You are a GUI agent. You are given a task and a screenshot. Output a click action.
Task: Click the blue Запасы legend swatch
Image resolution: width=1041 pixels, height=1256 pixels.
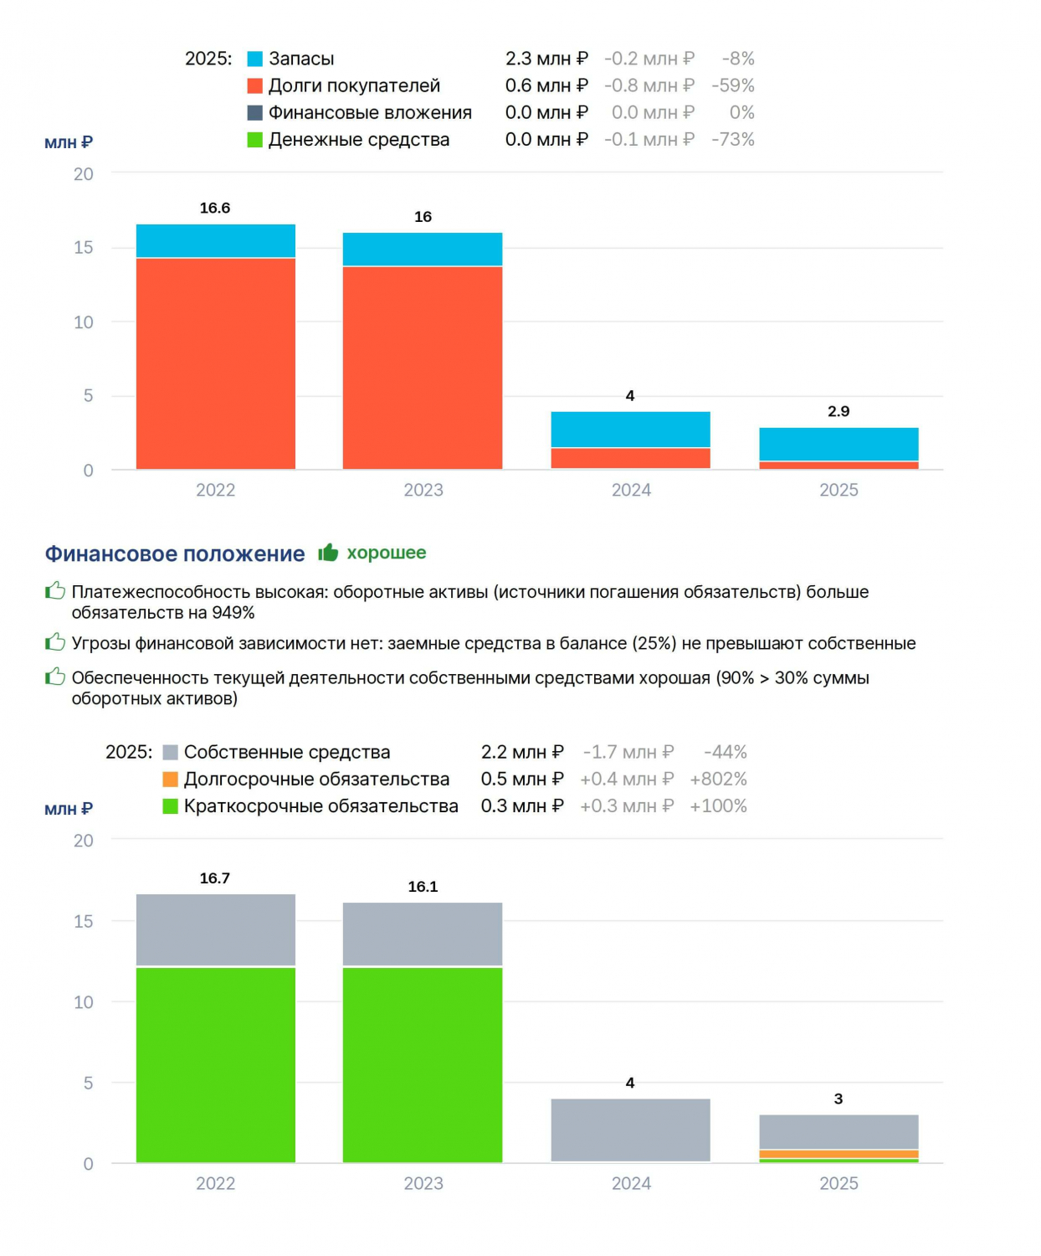pos(255,59)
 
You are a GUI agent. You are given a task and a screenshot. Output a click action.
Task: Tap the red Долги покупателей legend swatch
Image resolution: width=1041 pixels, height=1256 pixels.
pos(255,86)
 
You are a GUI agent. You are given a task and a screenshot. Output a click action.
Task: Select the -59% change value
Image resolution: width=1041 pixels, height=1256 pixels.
pos(733,85)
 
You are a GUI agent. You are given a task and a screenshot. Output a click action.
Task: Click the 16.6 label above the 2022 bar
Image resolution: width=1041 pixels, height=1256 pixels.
pos(215,208)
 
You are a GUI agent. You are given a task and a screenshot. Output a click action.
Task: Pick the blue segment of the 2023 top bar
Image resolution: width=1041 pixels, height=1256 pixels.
pos(423,249)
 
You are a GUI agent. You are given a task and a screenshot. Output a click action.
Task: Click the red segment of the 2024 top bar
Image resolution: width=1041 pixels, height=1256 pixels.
pos(630,458)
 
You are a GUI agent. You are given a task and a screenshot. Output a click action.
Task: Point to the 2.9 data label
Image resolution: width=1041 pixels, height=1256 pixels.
pos(838,411)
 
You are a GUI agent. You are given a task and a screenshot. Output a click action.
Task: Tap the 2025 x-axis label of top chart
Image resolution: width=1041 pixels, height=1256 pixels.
pos(839,490)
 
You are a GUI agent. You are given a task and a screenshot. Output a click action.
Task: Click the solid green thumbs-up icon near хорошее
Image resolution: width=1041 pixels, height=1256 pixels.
pos(328,552)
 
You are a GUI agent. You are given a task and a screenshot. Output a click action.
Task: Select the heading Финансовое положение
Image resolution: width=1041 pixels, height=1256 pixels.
pos(175,553)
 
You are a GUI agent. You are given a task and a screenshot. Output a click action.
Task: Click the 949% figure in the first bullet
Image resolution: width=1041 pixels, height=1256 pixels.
pos(233,613)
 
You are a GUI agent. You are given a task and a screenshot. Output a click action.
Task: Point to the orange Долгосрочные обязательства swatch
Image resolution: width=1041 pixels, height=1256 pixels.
pos(170,780)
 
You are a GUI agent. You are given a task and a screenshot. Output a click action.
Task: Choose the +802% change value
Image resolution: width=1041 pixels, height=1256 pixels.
pos(718,779)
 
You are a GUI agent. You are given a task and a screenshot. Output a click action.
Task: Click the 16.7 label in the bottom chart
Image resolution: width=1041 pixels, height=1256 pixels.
pos(215,878)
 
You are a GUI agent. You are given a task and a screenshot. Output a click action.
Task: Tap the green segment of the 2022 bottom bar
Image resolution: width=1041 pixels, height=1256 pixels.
pos(216,1065)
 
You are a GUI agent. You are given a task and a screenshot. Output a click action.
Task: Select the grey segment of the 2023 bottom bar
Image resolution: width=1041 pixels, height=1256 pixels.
pos(423,934)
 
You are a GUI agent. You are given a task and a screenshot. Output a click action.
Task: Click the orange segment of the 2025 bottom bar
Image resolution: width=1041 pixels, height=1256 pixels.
pos(839,1154)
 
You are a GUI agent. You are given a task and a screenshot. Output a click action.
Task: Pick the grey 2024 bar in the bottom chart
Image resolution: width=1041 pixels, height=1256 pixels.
pos(630,1130)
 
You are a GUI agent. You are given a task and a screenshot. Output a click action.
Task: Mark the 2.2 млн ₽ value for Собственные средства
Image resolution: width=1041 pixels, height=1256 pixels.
pos(522,752)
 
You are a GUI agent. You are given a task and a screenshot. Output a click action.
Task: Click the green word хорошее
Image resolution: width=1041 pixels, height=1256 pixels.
pos(387,552)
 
